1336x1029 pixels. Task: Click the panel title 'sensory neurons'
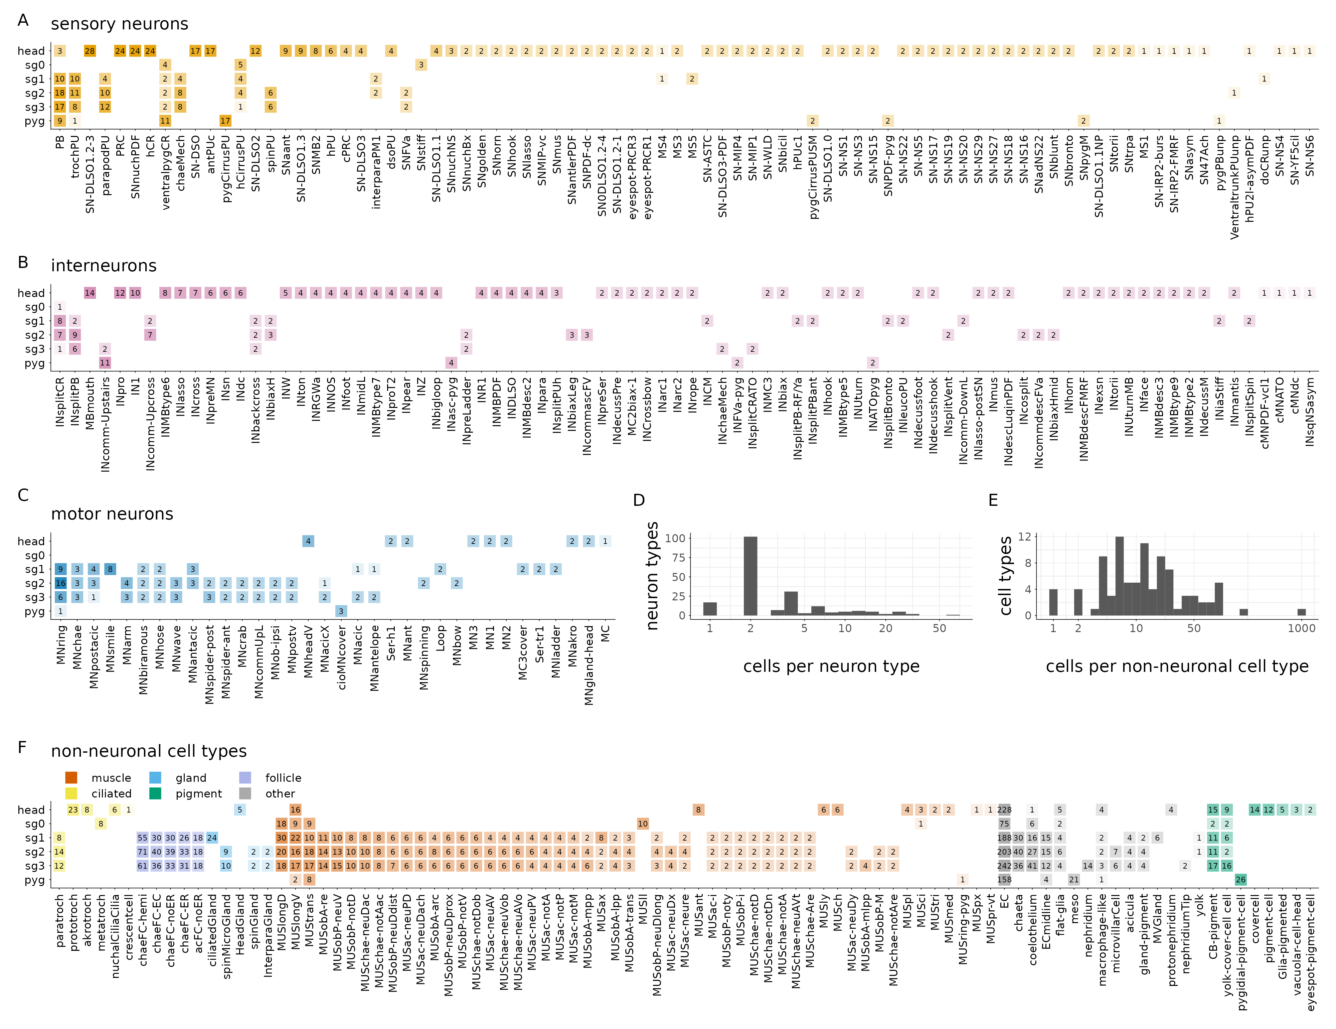pos(119,24)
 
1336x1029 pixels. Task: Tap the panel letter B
pos(23,263)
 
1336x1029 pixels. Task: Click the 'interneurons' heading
pos(104,266)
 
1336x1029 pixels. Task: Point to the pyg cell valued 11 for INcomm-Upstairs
pos(105,363)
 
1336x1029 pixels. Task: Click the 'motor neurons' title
pos(112,514)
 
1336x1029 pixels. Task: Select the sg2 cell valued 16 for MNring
pos(60,583)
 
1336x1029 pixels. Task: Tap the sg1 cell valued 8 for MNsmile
pos(110,569)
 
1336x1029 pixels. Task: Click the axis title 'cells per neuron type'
pos(831,666)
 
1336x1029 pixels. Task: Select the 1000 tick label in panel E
pos(1301,628)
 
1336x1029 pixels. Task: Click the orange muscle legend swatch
pos(71,777)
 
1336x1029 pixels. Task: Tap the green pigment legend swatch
pos(155,793)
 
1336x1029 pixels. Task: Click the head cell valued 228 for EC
pos(1004,810)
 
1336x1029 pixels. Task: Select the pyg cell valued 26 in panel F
pos(1240,880)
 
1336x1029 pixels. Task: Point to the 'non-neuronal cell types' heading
pos(149,751)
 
